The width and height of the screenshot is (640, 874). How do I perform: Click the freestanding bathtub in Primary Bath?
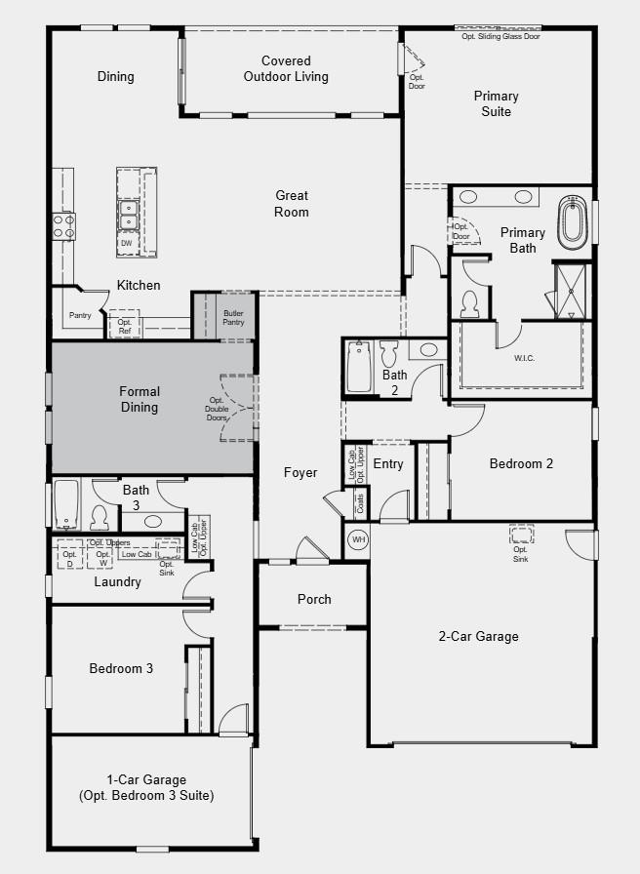pyautogui.click(x=571, y=222)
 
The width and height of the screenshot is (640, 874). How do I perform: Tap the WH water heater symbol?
pyautogui.click(x=358, y=539)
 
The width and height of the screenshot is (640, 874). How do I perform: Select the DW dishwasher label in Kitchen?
pyautogui.click(x=127, y=243)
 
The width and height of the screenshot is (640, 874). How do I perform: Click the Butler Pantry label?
pyautogui.click(x=233, y=318)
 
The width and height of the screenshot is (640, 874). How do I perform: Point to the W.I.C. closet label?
pyautogui.click(x=524, y=358)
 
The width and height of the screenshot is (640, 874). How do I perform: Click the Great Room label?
pyautogui.click(x=291, y=204)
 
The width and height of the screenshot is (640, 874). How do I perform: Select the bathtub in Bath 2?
pyautogui.click(x=359, y=367)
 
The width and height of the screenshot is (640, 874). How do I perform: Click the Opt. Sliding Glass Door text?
pyautogui.click(x=500, y=37)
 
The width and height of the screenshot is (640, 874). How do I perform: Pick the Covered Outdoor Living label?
pyautogui.click(x=286, y=69)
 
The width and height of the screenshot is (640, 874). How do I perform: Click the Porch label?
pyautogui.click(x=314, y=599)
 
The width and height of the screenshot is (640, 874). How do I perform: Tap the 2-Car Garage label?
pyautogui.click(x=478, y=637)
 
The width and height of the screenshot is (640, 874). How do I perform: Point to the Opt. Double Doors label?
pyautogui.click(x=217, y=409)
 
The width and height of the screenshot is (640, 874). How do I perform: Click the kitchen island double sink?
pyautogui.click(x=127, y=212)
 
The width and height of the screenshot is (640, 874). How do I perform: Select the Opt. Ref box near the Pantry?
pyautogui.click(x=124, y=327)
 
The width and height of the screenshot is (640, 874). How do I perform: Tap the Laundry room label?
pyautogui.click(x=117, y=582)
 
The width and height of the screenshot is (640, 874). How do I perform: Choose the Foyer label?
pyautogui.click(x=300, y=473)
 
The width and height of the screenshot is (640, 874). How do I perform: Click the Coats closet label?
pyautogui.click(x=360, y=503)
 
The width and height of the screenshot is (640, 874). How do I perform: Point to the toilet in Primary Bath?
pyautogui.click(x=469, y=303)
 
